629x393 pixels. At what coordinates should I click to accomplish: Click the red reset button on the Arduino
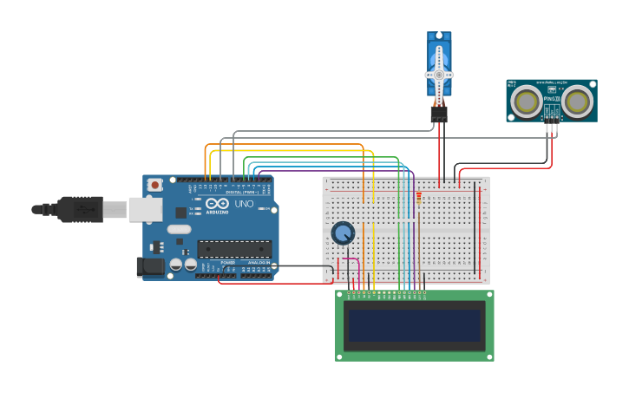(155, 184)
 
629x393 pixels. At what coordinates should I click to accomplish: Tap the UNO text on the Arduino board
(244, 204)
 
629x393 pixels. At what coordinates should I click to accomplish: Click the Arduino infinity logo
(217, 205)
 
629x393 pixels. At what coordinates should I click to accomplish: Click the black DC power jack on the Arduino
(150, 267)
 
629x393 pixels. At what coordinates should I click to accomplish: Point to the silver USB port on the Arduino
(146, 209)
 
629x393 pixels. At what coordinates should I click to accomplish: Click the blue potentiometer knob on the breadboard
(343, 233)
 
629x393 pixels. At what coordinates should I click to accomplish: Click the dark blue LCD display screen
(414, 326)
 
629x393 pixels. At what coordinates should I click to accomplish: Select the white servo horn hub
(439, 75)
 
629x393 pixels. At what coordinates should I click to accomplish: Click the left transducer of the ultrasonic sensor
(527, 102)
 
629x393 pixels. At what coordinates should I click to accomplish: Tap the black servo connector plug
(439, 114)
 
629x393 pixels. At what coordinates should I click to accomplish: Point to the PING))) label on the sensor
(552, 99)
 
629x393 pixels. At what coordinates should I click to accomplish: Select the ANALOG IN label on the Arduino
(259, 261)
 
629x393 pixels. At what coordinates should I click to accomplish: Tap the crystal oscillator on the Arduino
(179, 229)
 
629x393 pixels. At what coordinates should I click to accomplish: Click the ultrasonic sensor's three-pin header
(551, 128)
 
